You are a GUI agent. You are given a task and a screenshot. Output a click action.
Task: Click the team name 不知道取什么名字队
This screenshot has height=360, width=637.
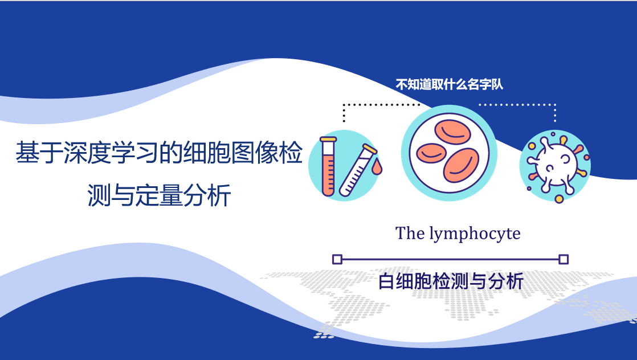coord(450,84)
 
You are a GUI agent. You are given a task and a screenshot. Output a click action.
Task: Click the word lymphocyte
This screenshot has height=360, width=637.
coord(475,234)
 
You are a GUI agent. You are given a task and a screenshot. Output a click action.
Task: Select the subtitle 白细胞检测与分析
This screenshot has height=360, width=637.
coord(451,281)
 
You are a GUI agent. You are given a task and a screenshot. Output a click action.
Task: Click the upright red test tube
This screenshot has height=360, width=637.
coord(328,166)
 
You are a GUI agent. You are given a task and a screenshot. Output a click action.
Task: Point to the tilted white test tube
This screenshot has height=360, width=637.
coord(357,171)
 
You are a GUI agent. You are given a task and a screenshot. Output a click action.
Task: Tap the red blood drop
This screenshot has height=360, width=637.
coord(377,166)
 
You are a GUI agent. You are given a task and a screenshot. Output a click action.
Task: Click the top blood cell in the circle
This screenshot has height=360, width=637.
coord(452,132)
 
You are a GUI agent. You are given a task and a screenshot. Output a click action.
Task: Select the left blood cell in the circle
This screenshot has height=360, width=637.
coord(431,153)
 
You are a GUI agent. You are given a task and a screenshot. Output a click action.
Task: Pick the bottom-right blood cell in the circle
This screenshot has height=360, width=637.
coord(461,165)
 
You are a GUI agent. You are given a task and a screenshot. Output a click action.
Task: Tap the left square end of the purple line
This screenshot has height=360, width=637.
coord(337,259)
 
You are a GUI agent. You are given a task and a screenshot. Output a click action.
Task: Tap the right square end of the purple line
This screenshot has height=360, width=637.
coord(563,259)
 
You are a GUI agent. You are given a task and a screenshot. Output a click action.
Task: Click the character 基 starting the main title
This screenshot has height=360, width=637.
coord(27,153)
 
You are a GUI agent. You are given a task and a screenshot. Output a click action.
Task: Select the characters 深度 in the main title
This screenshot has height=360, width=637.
coord(87,153)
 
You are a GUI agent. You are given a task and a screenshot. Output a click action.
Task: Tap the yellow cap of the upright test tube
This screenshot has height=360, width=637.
coord(328,140)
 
